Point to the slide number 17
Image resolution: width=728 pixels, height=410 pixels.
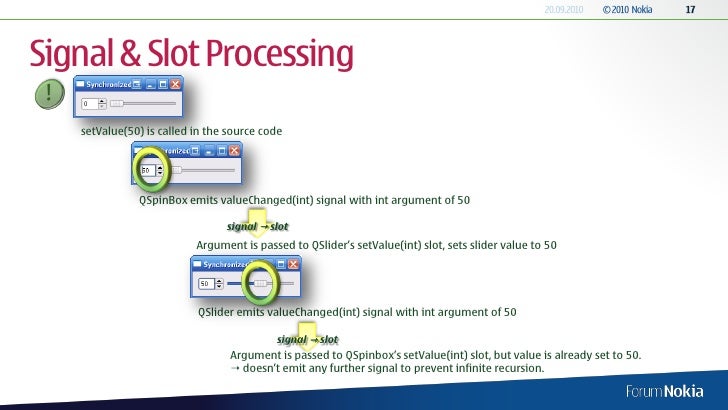[x=689, y=10]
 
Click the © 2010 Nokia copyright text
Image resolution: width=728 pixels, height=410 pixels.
[x=628, y=10]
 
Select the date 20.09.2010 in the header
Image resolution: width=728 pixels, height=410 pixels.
[x=564, y=10]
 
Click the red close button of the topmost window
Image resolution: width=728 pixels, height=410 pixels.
[x=175, y=86]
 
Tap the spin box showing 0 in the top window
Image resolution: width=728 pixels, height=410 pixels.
[x=91, y=103]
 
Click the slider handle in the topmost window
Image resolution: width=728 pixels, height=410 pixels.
[x=116, y=103]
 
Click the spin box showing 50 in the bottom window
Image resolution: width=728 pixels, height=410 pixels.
[x=208, y=284]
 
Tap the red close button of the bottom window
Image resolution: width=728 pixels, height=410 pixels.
[x=292, y=265]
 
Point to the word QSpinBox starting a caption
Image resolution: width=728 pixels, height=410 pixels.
[x=162, y=200]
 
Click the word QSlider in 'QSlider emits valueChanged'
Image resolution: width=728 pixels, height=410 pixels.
[x=216, y=312]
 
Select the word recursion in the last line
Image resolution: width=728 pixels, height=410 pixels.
[x=517, y=368]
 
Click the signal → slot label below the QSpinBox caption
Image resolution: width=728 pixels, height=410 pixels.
[x=258, y=226]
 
